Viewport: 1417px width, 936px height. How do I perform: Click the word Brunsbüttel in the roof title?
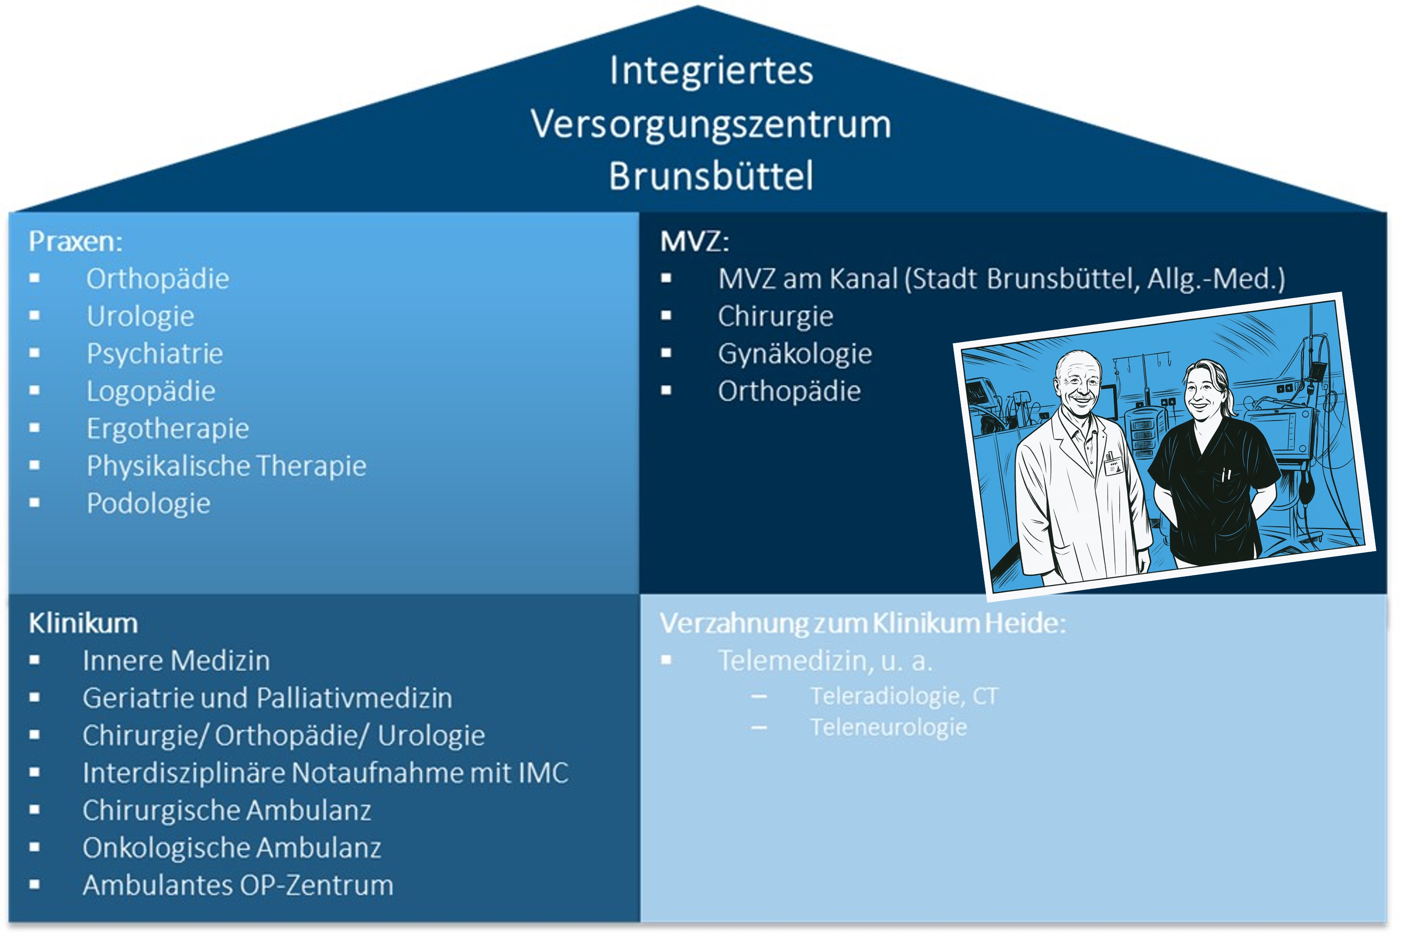coord(710,176)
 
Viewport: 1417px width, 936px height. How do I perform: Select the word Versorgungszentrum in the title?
coord(710,124)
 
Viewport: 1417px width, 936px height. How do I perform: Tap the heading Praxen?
coord(75,241)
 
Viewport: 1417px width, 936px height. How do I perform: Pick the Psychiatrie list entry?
coord(155,353)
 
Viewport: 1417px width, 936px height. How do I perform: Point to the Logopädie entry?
coord(150,391)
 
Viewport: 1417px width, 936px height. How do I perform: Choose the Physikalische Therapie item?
coord(226,466)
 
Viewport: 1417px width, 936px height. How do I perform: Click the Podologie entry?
coord(148,503)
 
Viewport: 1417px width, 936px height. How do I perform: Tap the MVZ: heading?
coord(694,241)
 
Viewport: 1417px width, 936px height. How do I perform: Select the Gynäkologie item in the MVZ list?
coord(794,353)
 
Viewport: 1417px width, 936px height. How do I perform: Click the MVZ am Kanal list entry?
coord(1001,279)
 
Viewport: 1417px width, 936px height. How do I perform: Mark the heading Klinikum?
coord(83,623)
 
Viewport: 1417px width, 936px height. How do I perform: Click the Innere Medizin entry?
coord(176,660)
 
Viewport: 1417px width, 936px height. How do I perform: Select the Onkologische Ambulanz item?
coord(232,848)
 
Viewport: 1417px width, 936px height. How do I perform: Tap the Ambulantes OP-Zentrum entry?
coord(237,885)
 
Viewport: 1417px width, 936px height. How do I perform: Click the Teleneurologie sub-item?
coord(888,727)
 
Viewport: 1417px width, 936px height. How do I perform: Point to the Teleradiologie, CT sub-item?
coord(904,696)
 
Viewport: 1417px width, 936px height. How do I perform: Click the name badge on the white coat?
coord(1113,464)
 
